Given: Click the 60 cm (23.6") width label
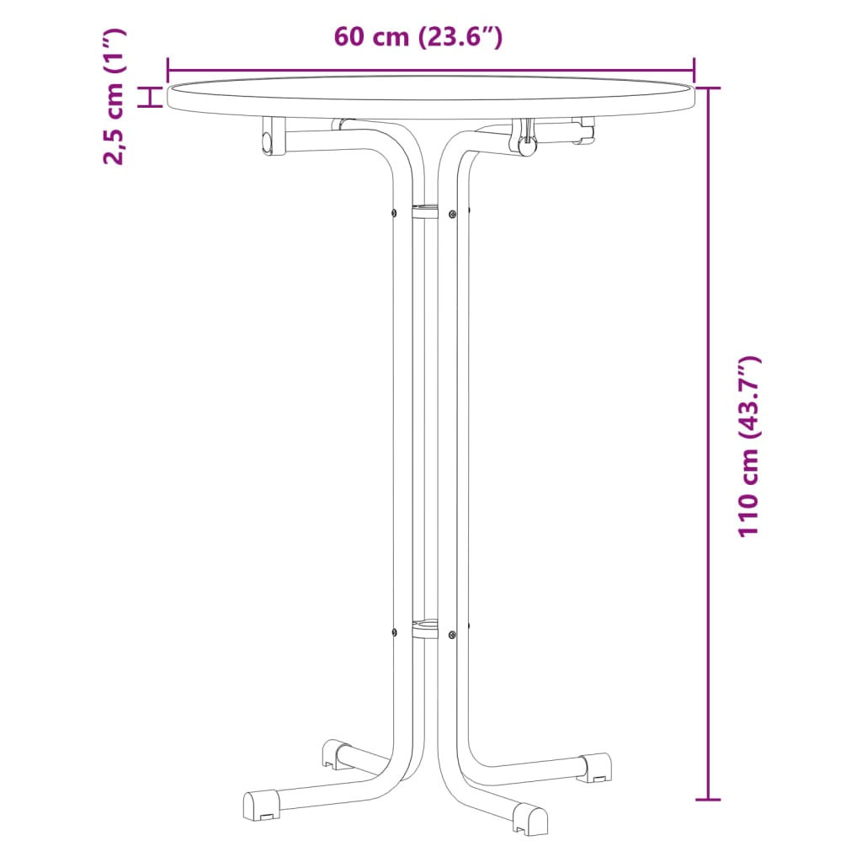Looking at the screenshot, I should pyautogui.click(x=418, y=38).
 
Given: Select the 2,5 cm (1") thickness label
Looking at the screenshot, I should pyautogui.click(x=113, y=96).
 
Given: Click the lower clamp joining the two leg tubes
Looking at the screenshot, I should pyautogui.click(x=425, y=628).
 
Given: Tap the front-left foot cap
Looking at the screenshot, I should pyautogui.click(x=261, y=804).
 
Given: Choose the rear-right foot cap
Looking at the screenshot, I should pyautogui.click(x=594, y=766).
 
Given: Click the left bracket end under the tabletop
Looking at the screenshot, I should pyautogui.click(x=270, y=137).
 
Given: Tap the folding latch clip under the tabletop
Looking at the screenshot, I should pyautogui.click(x=525, y=137).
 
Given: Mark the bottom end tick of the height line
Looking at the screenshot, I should pyautogui.click(x=709, y=799).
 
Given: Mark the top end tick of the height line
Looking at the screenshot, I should pyautogui.click(x=709, y=88).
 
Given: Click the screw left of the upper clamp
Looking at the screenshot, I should pyautogui.click(x=393, y=212).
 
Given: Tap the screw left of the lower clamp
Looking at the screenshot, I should pyautogui.click(x=393, y=631).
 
